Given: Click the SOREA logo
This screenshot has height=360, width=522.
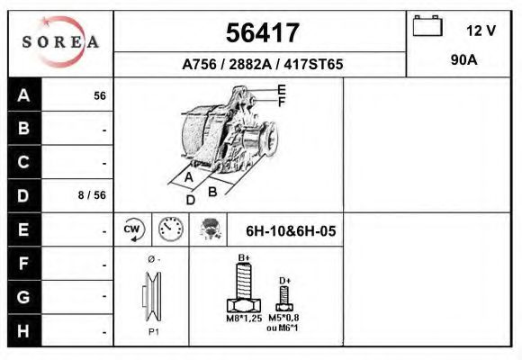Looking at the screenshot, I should click(x=60, y=42).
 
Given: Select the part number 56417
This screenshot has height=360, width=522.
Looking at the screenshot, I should click(x=260, y=33).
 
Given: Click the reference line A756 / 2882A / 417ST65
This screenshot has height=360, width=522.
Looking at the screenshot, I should click(x=262, y=65).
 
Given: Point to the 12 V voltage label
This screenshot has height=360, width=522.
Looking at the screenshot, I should click(x=481, y=31).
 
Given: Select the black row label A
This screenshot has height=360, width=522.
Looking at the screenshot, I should click(x=24, y=95).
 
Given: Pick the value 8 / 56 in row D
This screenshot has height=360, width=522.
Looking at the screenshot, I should click(x=93, y=195).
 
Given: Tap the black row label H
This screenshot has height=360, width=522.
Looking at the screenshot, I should click(x=24, y=330).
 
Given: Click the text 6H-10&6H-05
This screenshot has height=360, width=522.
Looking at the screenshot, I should click(x=291, y=230).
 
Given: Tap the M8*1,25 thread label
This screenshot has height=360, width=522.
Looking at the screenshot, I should click(x=243, y=319).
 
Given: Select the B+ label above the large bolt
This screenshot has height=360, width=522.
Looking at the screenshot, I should click(x=243, y=258).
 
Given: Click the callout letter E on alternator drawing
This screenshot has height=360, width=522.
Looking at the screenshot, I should click(x=282, y=89).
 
